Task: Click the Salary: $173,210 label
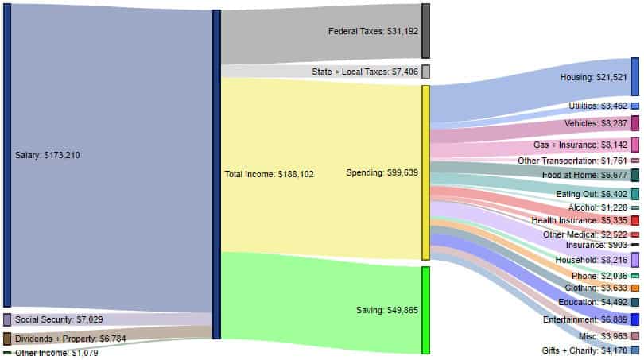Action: tap(47, 155)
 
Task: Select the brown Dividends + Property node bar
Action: tap(7, 339)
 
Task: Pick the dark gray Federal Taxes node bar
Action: tap(425, 31)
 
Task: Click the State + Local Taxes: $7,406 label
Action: tap(365, 72)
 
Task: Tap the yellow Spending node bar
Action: tap(425, 172)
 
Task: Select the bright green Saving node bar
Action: tap(425, 310)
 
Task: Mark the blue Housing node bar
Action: tap(634, 77)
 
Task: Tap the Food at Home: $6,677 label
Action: tap(589, 175)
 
